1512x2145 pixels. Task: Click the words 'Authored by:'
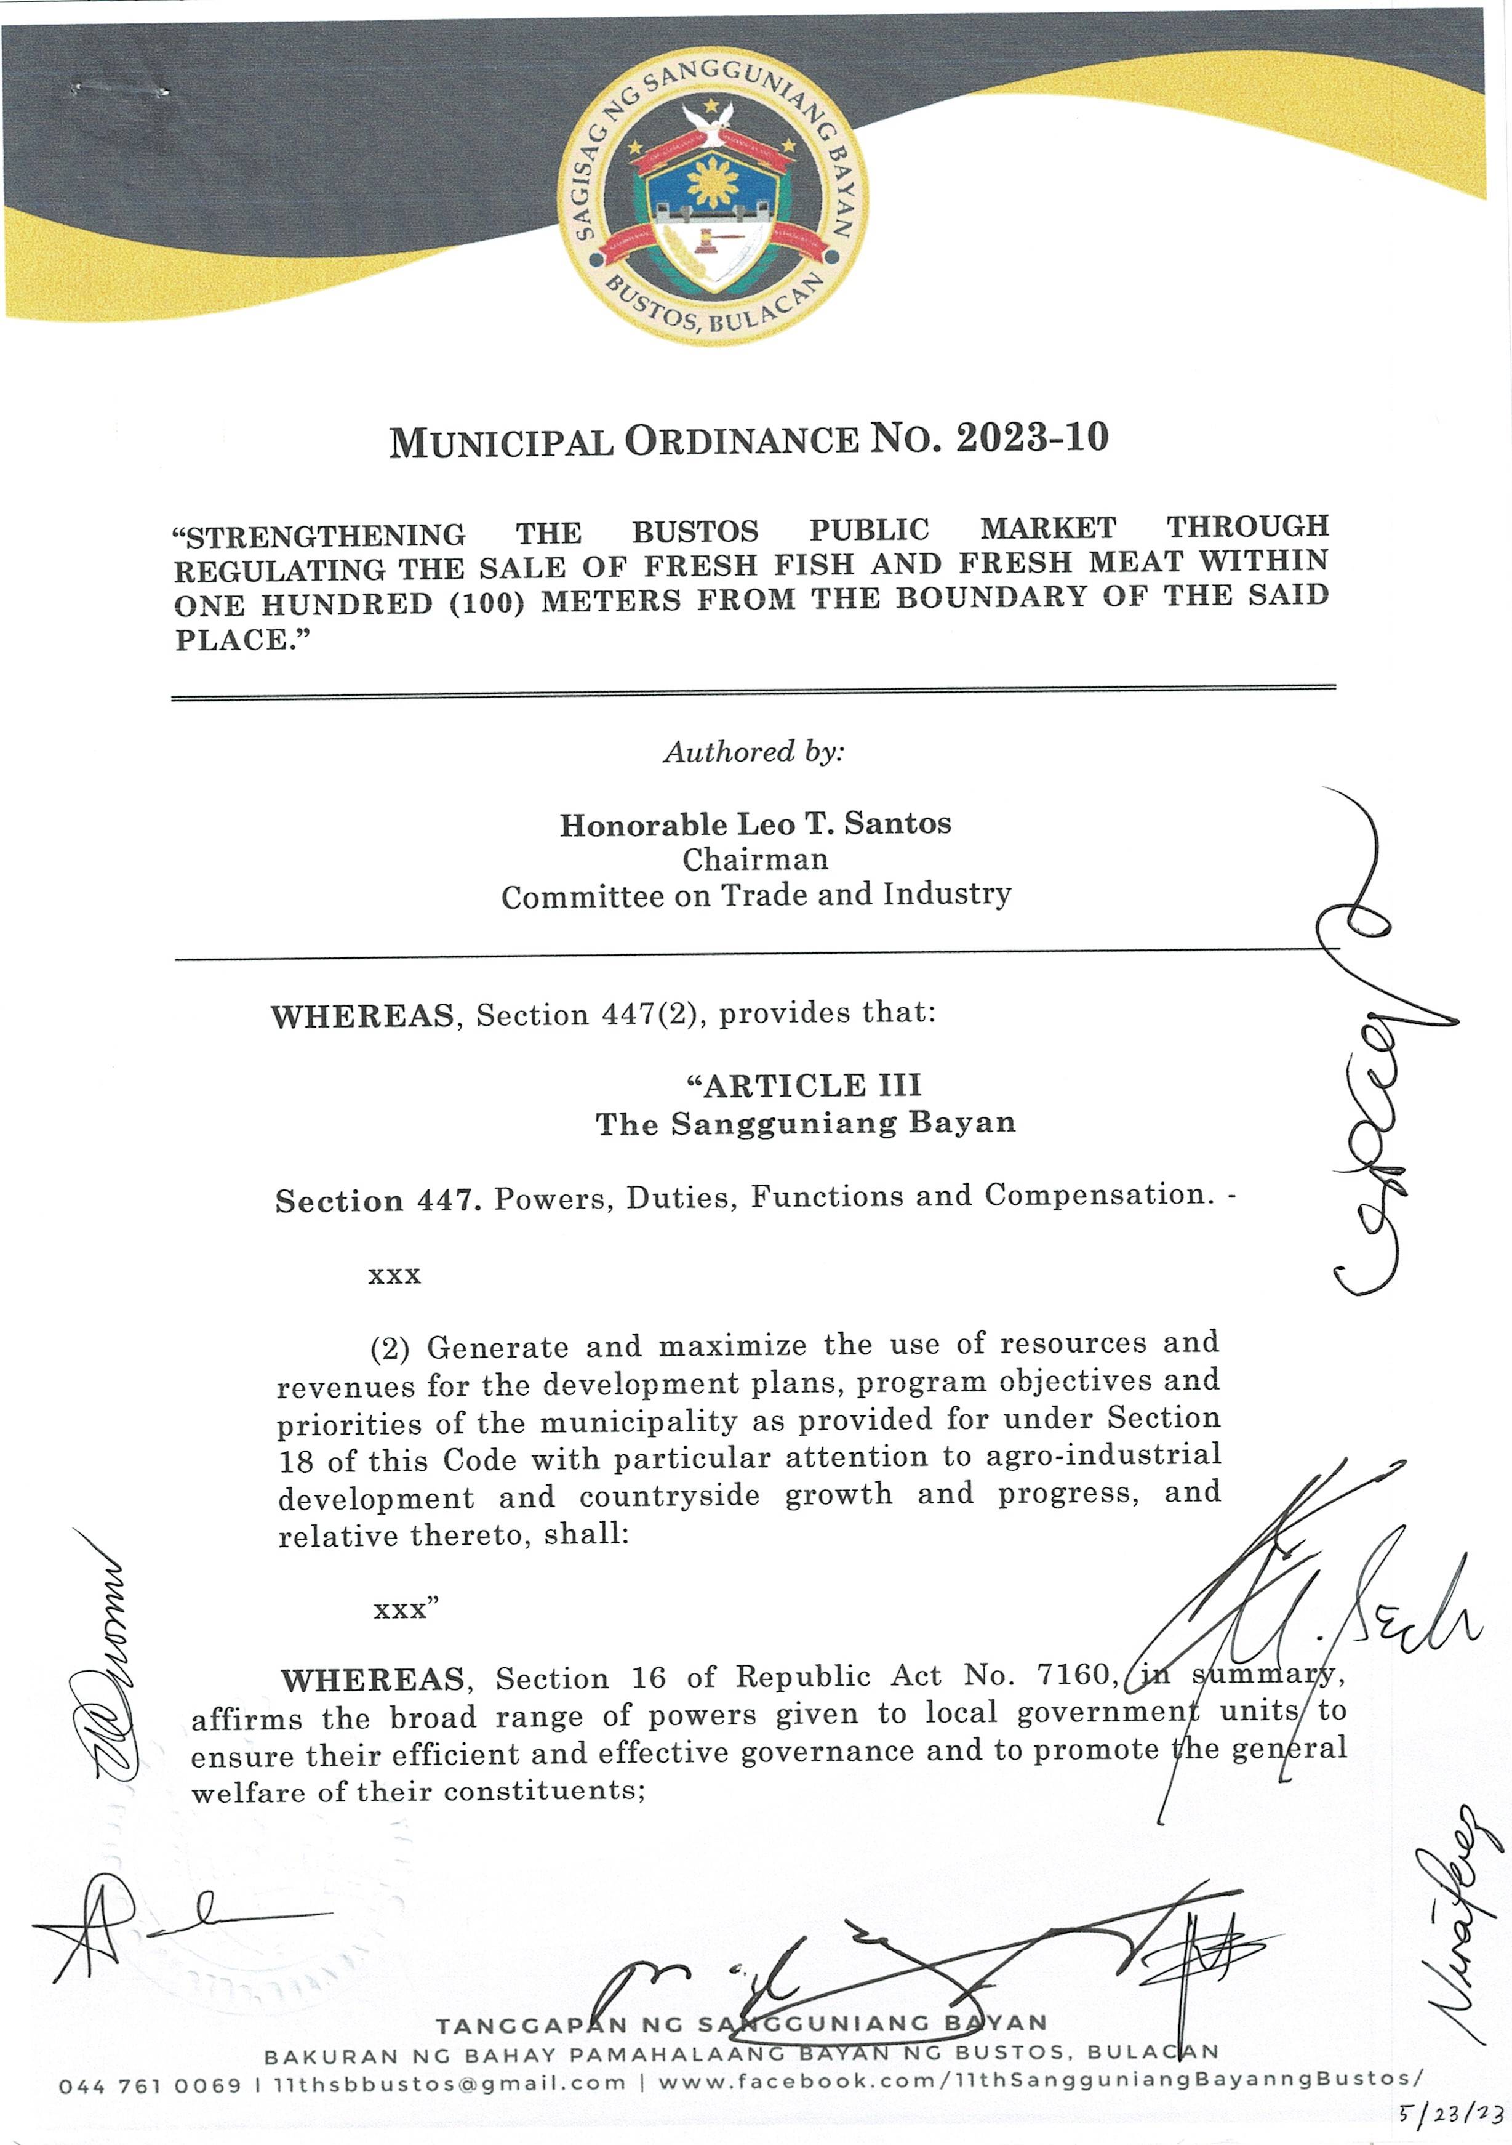(x=754, y=752)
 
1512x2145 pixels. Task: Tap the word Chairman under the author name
(x=754, y=859)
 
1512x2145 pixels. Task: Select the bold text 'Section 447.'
(x=378, y=1201)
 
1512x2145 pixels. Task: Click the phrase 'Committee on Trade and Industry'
(x=756, y=896)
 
